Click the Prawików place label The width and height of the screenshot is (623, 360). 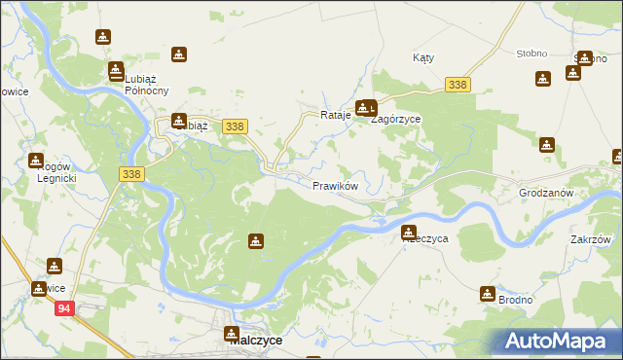tap(336, 185)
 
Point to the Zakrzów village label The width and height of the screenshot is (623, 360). tap(591, 239)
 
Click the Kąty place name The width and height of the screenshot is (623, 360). tap(423, 58)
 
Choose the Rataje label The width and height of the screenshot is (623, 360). tap(335, 116)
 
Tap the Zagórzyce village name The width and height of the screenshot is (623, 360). tap(397, 119)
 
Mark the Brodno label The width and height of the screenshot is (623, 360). tap(515, 300)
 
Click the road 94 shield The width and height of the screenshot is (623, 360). tap(64, 308)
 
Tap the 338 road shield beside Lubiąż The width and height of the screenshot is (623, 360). tap(234, 126)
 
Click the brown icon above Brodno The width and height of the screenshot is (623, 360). tap(488, 293)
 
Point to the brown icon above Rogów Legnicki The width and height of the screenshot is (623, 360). tap(36, 161)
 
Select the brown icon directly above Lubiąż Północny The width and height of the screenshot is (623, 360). tap(116, 70)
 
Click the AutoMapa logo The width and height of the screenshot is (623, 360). tap(559, 340)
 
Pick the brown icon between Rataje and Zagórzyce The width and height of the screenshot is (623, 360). tap(365, 108)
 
